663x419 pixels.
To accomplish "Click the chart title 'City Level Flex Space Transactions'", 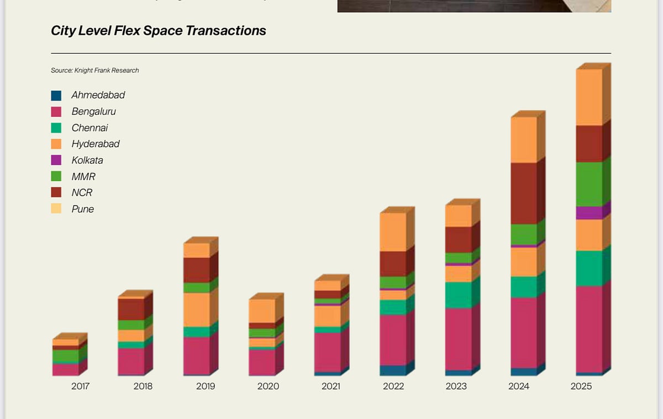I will (x=158, y=30).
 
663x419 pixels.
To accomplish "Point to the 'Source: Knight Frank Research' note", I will (x=94, y=70).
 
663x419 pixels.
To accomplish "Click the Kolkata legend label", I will (x=87, y=160).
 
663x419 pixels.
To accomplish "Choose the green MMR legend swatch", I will (x=56, y=177).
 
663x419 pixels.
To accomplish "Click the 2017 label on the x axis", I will (x=81, y=386).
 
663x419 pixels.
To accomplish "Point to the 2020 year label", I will (x=268, y=386).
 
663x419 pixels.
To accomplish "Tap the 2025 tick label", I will (x=581, y=386).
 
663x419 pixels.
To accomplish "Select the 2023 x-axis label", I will (x=456, y=386).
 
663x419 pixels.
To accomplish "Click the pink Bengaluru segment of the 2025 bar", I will (x=589, y=329).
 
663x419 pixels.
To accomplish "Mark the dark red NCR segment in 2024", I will (x=524, y=193).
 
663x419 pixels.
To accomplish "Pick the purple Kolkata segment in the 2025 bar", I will (x=589, y=213).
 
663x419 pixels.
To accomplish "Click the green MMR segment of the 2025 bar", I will (x=589, y=184).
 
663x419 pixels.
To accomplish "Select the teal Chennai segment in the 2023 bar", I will (x=459, y=295).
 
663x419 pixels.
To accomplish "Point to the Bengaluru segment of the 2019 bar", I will (x=197, y=356).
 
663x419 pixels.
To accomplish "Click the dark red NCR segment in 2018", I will (x=131, y=309).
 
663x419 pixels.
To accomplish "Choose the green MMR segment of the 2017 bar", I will (x=66, y=356).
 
